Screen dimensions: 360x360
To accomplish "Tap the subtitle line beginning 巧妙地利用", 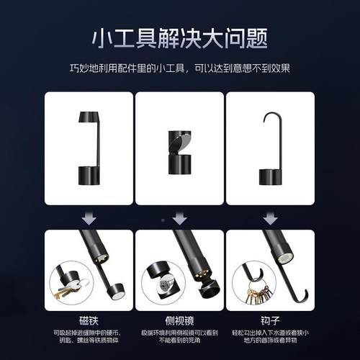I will coord(180,68).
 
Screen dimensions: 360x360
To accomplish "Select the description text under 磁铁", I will coord(89,337).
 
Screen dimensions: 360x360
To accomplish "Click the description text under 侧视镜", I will coord(179,337).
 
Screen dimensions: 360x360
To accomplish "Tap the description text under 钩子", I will coord(270,337).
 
